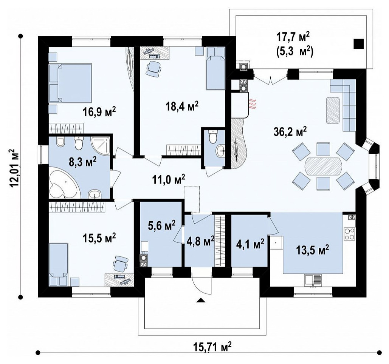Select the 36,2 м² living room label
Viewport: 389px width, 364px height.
click(290, 131)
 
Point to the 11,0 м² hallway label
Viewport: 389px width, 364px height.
click(169, 179)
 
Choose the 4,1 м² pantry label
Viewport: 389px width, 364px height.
click(250, 245)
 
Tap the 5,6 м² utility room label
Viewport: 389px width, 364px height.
click(161, 225)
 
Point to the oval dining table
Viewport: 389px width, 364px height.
click(323, 167)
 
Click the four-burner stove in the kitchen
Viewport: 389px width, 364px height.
click(350, 234)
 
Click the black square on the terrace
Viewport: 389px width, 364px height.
click(358, 44)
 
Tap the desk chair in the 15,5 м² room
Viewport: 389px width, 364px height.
click(121, 264)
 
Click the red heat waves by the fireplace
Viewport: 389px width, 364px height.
click(252, 104)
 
